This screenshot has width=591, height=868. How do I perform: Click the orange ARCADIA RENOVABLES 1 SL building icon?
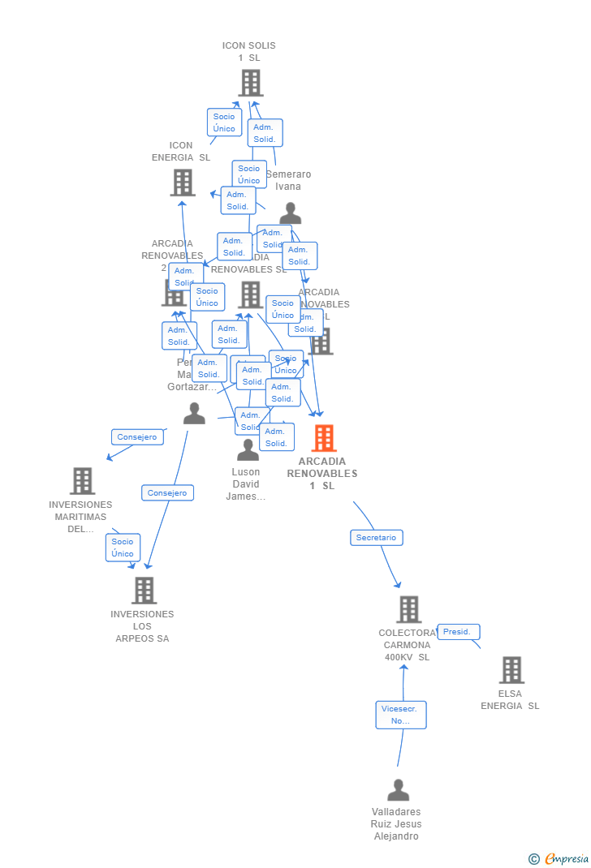click(x=324, y=438)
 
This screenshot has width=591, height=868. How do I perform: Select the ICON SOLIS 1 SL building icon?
click(x=250, y=83)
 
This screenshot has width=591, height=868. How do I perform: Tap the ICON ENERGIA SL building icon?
click(x=183, y=183)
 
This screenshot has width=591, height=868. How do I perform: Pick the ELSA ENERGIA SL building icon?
click(x=511, y=670)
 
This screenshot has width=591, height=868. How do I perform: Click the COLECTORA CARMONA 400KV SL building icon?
click(x=408, y=609)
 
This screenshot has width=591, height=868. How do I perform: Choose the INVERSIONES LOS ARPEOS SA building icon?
click(x=144, y=591)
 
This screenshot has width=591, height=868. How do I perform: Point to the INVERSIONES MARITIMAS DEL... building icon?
click(x=82, y=481)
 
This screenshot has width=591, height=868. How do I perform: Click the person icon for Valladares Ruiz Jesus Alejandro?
click(x=398, y=790)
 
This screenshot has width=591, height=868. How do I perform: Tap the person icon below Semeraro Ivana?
click(x=290, y=213)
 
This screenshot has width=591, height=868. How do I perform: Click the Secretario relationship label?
click(x=376, y=537)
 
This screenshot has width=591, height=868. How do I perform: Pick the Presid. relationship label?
click(x=458, y=631)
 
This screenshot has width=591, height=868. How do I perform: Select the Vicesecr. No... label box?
click(x=400, y=715)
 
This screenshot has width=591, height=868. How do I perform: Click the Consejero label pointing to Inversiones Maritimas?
click(x=137, y=436)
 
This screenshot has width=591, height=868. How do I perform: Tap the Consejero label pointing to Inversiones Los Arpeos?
click(x=167, y=492)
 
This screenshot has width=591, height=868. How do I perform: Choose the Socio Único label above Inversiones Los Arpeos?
click(x=123, y=548)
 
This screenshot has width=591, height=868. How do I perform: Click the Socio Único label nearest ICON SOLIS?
click(x=224, y=122)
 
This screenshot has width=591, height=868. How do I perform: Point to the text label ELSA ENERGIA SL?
click(x=510, y=700)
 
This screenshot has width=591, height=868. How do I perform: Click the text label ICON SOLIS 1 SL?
click(x=249, y=52)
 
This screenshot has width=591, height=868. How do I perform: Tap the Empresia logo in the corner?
click(x=559, y=858)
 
